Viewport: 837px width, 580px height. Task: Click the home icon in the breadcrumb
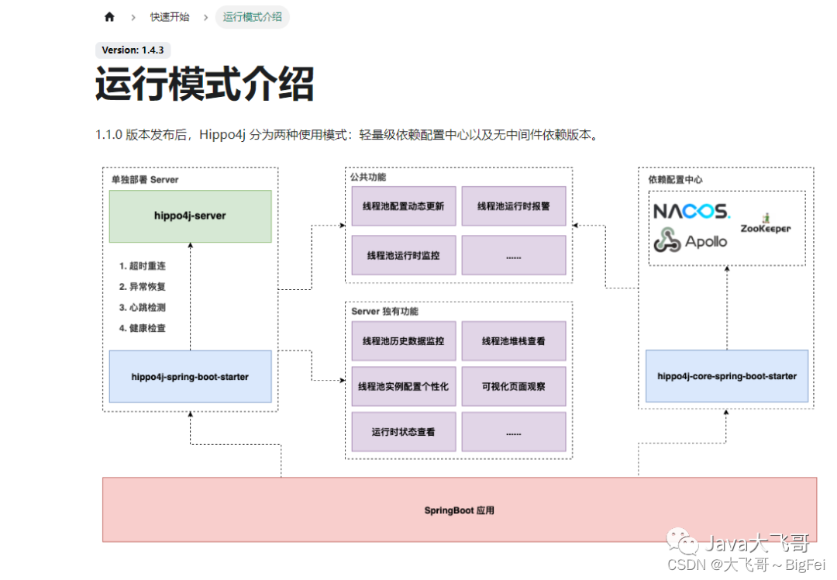point(109,17)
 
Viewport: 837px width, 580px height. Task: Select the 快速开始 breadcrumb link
point(170,17)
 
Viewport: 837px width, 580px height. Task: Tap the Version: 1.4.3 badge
point(133,50)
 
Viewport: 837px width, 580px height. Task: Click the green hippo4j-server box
point(190,216)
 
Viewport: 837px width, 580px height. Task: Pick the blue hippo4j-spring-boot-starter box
point(190,377)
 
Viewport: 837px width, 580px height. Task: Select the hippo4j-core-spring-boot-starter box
point(727,376)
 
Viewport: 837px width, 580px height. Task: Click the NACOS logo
point(691,212)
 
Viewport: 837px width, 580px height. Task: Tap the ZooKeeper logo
point(765,225)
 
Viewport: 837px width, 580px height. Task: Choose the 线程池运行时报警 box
point(514,206)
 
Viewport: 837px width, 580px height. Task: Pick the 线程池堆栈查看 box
point(514,341)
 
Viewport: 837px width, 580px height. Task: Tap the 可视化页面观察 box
point(514,386)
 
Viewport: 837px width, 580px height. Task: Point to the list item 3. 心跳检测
point(143,308)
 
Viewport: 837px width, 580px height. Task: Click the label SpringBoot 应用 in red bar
point(459,510)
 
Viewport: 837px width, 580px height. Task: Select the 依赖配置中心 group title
point(675,180)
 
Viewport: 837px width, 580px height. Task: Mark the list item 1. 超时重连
point(143,266)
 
